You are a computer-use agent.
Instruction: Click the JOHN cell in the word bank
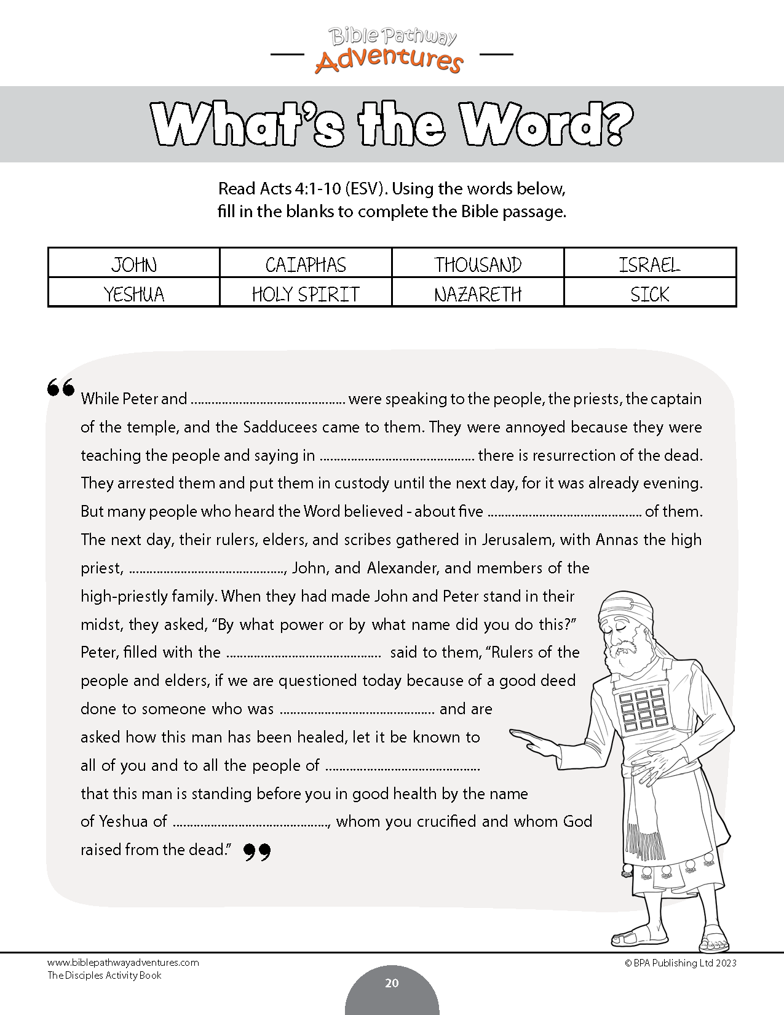pyautogui.click(x=134, y=265)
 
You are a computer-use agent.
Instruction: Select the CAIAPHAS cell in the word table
pyautogui.click(x=306, y=265)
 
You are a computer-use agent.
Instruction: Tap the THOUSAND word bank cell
pyautogui.click(x=478, y=265)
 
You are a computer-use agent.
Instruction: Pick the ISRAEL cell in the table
pyautogui.click(x=649, y=265)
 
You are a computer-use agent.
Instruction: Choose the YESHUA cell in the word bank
pyautogui.click(x=134, y=294)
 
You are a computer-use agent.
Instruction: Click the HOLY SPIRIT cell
pyautogui.click(x=306, y=294)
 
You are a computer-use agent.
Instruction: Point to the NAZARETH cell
pyautogui.click(x=478, y=294)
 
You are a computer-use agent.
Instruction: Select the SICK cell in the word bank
pyautogui.click(x=649, y=294)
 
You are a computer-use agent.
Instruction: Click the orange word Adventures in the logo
pyautogui.click(x=389, y=60)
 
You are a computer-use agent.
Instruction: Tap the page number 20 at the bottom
pyautogui.click(x=392, y=983)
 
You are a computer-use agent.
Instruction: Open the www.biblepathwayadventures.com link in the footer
pyautogui.click(x=123, y=963)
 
